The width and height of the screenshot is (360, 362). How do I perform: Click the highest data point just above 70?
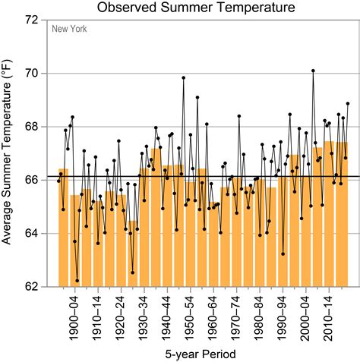tap(313, 71)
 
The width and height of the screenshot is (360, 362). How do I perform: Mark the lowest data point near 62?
tap(77, 281)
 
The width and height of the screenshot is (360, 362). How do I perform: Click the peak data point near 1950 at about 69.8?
tap(183, 77)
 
